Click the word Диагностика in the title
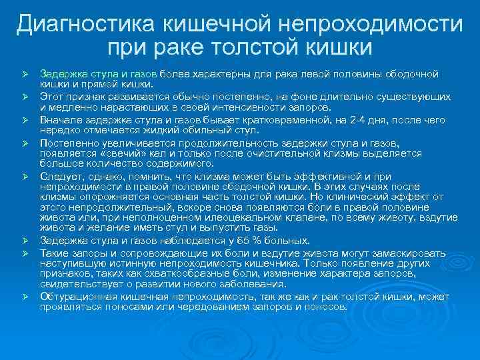coord(81,25)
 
